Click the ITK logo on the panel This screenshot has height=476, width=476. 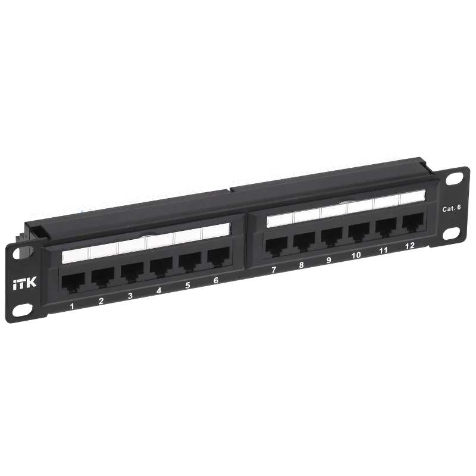(25, 284)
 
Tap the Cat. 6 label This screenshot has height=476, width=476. (452, 208)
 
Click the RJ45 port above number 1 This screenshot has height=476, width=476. (71, 282)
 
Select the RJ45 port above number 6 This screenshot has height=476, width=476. (217, 255)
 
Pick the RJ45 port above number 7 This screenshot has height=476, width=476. (275, 243)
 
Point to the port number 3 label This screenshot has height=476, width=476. (130, 296)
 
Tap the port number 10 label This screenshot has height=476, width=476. (356, 255)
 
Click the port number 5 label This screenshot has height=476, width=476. (187, 286)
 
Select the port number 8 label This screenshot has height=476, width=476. (301, 265)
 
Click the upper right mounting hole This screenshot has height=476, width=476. (454, 178)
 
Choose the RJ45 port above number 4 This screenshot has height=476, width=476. (159, 266)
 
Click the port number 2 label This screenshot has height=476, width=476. (101, 301)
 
